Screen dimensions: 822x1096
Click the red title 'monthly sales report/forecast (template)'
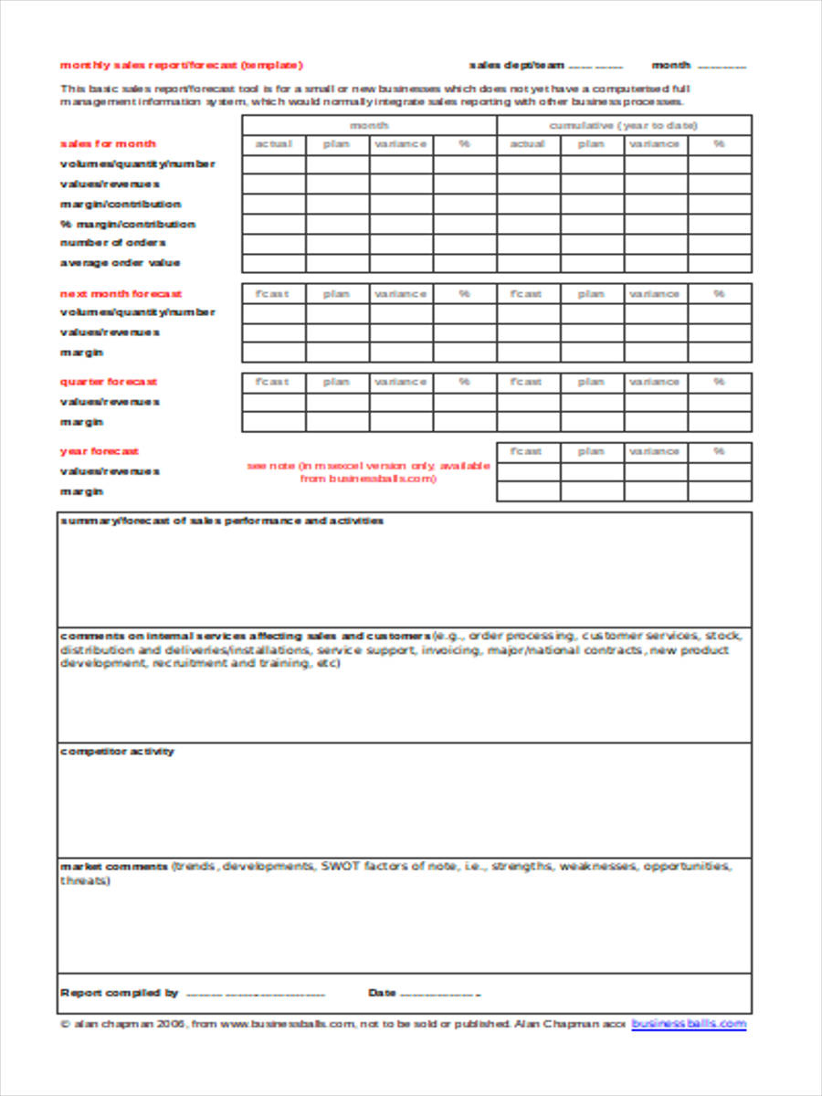(181, 65)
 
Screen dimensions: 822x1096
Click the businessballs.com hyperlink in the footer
(689, 1024)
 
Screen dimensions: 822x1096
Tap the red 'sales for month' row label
(108, 143)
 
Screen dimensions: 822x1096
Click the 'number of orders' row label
(112, 243)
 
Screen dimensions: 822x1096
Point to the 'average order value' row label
(120, 263)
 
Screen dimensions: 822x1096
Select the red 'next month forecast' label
(121, 294)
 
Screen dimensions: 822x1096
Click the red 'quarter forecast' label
(108, 382)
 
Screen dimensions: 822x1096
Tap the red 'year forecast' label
(99, 451)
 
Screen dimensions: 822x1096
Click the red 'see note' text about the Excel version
(368, 471)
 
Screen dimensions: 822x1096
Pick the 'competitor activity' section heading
(117, 752)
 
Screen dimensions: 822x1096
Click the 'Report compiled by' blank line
(256, 994)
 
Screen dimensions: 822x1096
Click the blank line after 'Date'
(439, 994)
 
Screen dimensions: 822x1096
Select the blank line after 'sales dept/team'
(595, 66)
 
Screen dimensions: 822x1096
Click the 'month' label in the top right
(670, 65)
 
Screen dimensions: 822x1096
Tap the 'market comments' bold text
(113, 866)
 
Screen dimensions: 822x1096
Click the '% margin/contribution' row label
(127, 224)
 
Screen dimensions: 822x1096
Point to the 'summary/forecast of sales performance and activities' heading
(221, 521)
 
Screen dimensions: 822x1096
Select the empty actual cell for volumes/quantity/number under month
(273, 164)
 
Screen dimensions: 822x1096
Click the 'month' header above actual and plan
(369, 125)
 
